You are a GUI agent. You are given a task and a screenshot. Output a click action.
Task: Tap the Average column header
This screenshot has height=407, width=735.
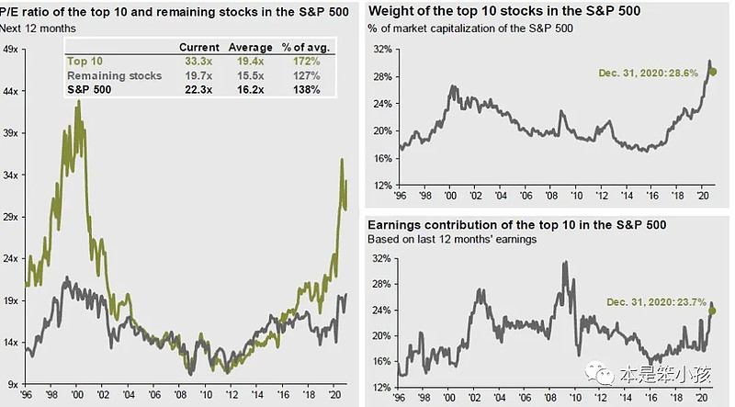tap(252, 47)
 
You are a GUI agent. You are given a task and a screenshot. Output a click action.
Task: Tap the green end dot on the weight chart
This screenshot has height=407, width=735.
tap(712, 72)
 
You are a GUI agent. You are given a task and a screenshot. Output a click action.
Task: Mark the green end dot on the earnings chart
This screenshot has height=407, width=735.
tap(712, 311)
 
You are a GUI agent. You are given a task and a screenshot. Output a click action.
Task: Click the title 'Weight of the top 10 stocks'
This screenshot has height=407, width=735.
tap(503, 10)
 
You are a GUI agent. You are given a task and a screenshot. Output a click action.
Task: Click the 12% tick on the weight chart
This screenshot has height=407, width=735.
tap(380, 186)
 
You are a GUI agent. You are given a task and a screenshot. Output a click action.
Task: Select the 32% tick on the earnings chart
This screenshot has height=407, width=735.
tap(380, 259)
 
